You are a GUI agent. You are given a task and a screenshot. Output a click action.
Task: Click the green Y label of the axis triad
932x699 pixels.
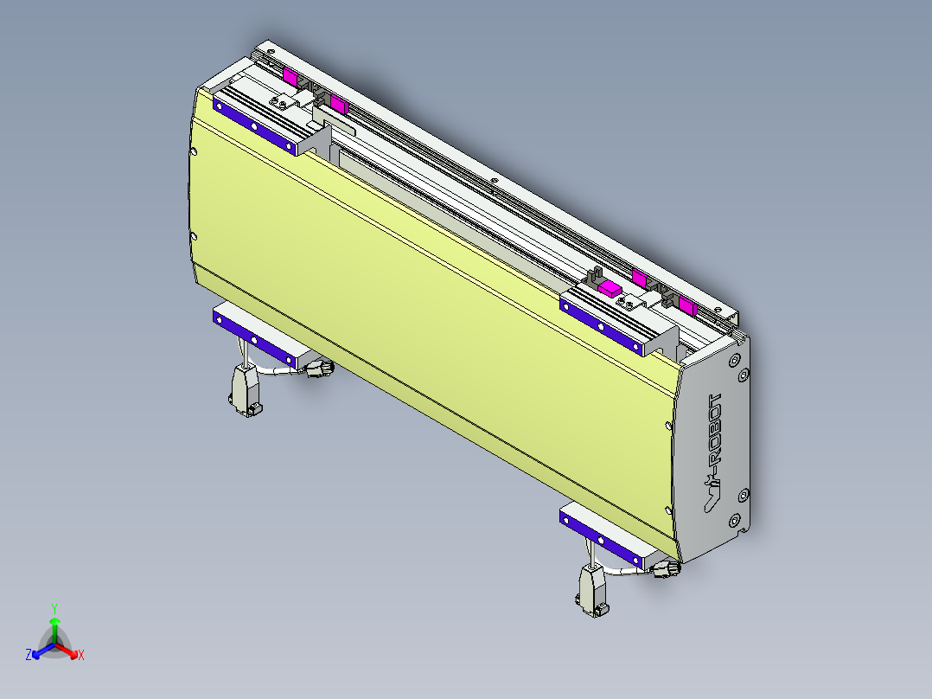[54, 608]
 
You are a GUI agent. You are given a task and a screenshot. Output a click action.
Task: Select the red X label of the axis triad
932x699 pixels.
[80, 656]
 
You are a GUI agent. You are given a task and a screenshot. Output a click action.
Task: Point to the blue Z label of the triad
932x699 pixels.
[29, 656]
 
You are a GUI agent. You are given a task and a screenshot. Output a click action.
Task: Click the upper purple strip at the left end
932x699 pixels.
[254, 126]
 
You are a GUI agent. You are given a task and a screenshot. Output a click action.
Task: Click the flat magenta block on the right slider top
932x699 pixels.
[611, 288]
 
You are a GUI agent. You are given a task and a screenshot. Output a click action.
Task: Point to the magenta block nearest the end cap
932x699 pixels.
[688, 305]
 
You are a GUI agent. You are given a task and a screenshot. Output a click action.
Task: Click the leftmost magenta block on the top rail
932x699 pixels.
[290, 77]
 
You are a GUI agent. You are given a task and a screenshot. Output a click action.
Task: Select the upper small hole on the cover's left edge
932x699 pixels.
[193, 152]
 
